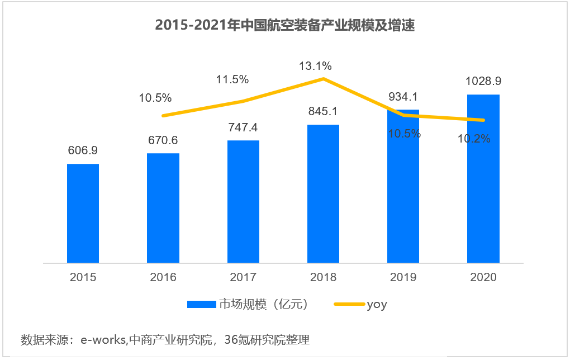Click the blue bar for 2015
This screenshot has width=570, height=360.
(x=83, y=213)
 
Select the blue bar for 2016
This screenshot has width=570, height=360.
(x=163, y=208)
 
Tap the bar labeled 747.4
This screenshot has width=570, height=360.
(x=243, y=201)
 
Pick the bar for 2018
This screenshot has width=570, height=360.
(x=323, y=193)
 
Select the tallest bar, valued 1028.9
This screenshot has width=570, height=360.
(x=483, y=178)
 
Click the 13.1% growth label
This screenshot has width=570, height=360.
(x=315, y=66)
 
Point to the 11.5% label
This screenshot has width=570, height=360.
(x=232, y=79)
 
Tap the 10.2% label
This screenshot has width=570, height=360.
(x=474, y=139)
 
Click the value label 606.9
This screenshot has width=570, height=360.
(x=83, y=151)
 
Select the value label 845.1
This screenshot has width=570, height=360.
(x=323, y=112)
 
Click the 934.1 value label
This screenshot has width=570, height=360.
(x=403, y=97)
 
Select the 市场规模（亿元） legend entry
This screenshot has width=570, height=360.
(x=263, y=305)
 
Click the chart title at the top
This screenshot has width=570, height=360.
(x=284, y=26)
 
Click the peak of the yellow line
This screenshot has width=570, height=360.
(x=323, y=79)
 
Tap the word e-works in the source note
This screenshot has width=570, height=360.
(x=103, y=340)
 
